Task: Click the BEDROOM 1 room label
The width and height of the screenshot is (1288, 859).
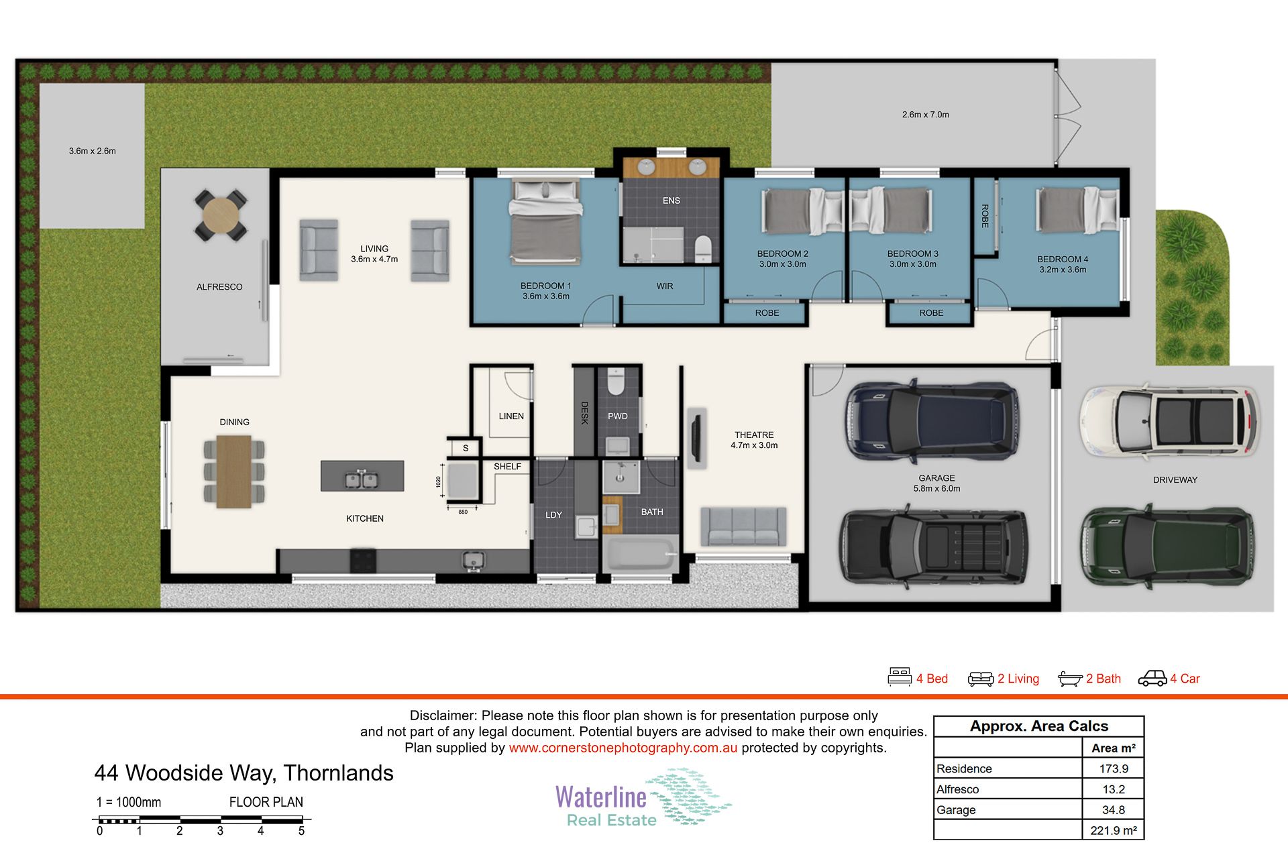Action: coord(545,286)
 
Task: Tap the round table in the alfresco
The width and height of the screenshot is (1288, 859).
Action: coord(221,215)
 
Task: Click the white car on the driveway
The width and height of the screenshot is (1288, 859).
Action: coord(1168,420)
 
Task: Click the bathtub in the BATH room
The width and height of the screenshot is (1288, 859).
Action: coord(641,553)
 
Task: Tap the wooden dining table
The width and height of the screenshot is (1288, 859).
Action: coord(234,471)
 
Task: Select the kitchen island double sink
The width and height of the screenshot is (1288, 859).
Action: coord(362,480)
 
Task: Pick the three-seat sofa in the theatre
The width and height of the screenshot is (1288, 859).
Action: coord(743,526)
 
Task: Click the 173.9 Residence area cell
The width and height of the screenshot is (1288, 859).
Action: coord(1114,768)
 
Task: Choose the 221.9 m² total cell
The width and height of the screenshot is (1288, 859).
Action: coord(1114,830)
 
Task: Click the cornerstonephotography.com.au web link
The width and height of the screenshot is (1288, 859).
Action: coord(623,748)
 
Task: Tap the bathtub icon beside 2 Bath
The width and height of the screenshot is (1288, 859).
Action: coord(1070,679)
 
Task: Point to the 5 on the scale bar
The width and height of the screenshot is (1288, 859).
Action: coord(301,831)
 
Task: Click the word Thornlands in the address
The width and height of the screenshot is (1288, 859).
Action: coord(338,773)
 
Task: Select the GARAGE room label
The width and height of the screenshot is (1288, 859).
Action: coord(936,478)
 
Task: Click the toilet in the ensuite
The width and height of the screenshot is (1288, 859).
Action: coord(702,249)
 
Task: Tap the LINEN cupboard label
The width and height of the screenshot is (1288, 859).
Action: coord(511,416)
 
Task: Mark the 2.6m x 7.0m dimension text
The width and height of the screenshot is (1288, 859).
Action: coord(925,115)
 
